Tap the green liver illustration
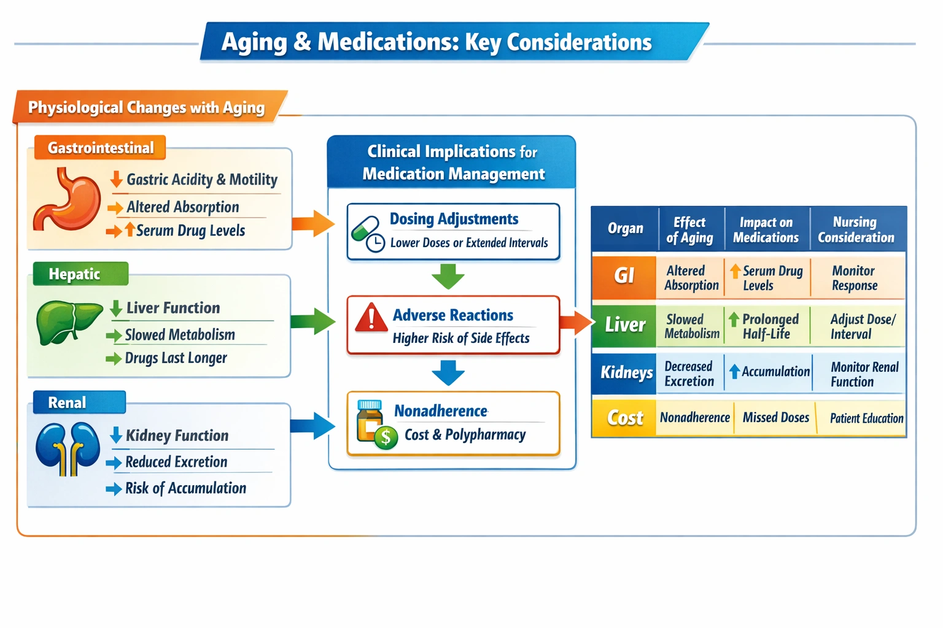pyautogui.click(x=68, y=321)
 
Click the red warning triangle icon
pyautogui.click(x=371, y=318)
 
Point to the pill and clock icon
pyautogui.click(x=368, y=234)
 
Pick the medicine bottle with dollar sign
pyautogui.click(x=374, y=424)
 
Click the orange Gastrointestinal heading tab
pyautogui.click(x=100, y=148)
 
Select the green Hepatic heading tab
pyautogui.click(x=80, y=274)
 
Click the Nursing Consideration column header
pyautogui.click(x=856, y=229)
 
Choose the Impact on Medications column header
pyautogui.click(x=766, y=229)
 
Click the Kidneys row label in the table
pyautogui.click(x=625, y=373)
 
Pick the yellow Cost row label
pyautogui.click(x=624, y=418)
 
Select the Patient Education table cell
pyautogui.click(x=866, y=418)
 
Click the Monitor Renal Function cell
pyautogui.click(x=863, y=374)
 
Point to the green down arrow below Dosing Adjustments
pyautogui.click(x=448, y=277)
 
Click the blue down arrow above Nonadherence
pyautogui.click(x=448, y=372)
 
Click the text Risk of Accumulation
pyautogui.click(x=185, y=488)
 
